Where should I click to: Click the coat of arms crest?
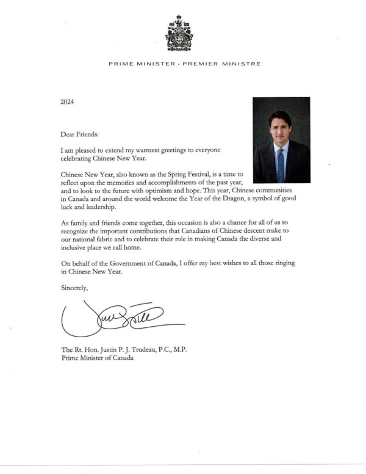(179, 34)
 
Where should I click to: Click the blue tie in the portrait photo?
(281, 163)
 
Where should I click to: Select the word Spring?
(173, 175)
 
